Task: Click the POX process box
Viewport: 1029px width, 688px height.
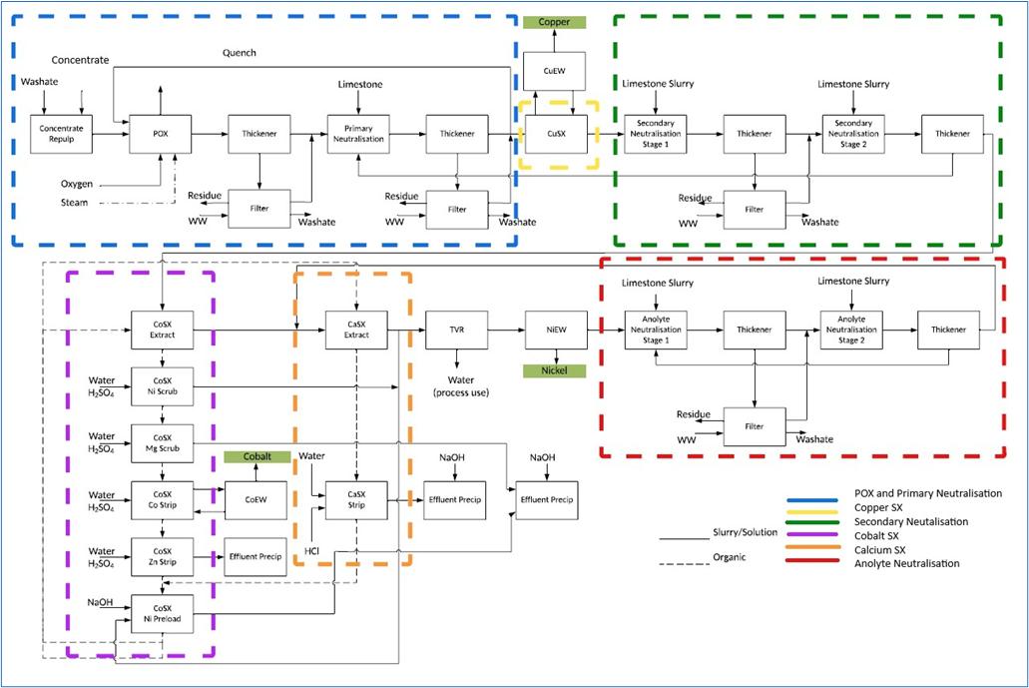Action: coord(160,133)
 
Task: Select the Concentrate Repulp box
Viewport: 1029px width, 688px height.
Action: coord(62,133)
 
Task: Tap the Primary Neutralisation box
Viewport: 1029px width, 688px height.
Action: coord(358,133)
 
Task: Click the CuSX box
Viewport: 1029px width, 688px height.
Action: coord(555,133)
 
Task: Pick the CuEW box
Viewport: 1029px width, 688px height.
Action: coord(555,70)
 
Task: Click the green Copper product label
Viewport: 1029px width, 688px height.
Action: coord(555,21)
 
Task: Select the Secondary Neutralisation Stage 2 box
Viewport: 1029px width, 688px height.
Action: coord(852,133)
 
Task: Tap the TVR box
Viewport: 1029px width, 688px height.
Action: coord(456,329)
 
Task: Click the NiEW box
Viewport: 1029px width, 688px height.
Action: coord(555,329)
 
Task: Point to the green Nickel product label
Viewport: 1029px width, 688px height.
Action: coord(555,371)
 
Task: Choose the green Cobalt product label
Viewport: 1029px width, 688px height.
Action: coord(256,456)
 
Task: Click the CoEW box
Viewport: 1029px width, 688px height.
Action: coord(256,499)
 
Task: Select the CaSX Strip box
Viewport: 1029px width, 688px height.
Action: coord(356,499)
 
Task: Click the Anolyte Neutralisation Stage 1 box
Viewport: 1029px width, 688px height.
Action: coord(655,329)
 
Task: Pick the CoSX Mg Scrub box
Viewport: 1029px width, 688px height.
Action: coord(161,442)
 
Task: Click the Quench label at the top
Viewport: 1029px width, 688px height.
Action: coord(240,53)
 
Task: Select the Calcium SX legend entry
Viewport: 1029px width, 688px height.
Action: coord(893,549)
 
